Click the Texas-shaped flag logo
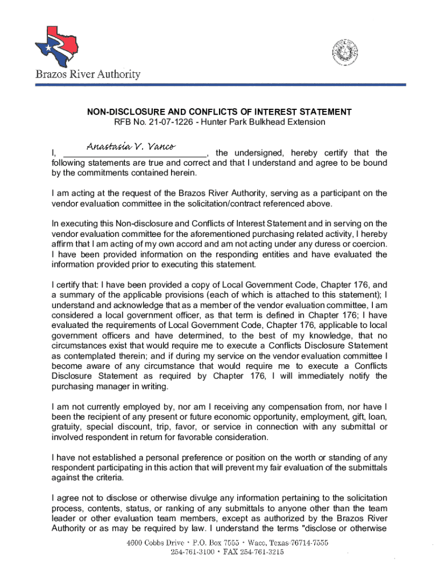[56, 45]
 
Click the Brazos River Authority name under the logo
[88, 75]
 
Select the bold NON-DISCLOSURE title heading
[219, 112]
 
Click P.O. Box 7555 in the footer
[213, 543]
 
